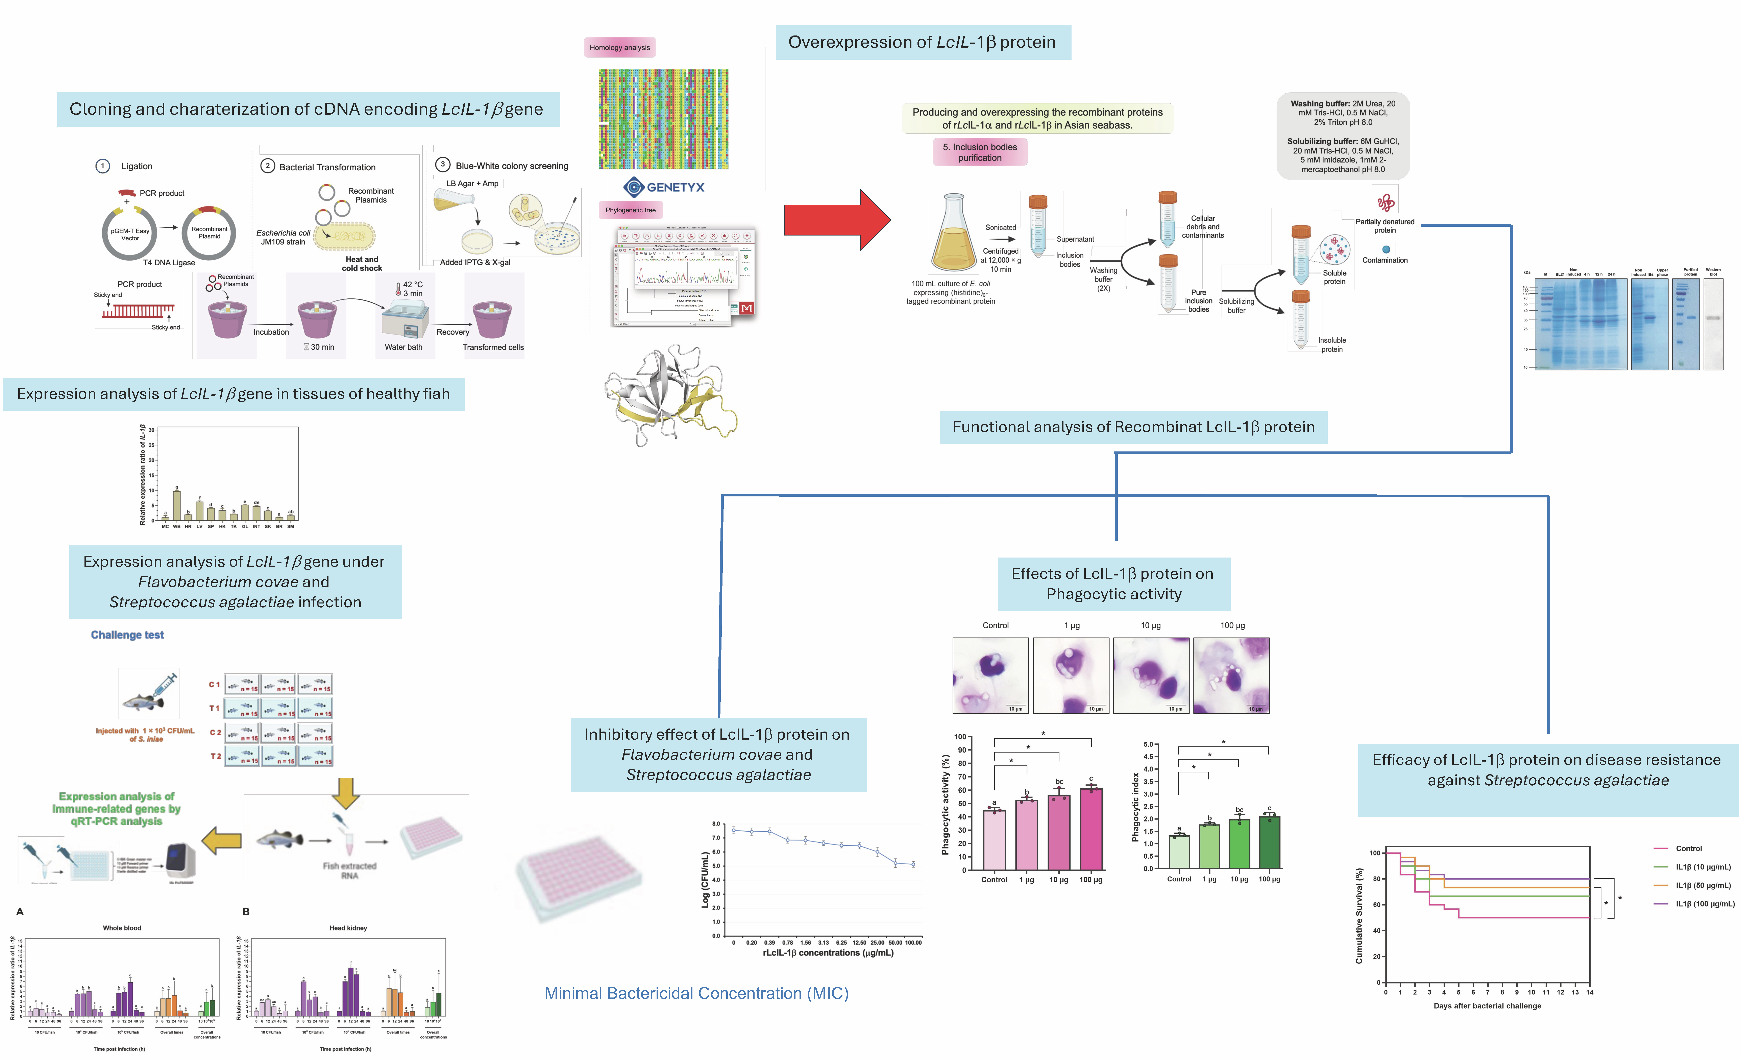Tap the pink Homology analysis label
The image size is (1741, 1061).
pos(620,47)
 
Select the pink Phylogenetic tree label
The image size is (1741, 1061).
pos(630,210)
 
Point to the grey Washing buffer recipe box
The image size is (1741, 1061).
pos(1343,136)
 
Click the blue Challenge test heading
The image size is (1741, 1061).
pos(127,635)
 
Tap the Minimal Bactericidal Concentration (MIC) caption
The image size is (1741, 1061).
pos(696,993)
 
